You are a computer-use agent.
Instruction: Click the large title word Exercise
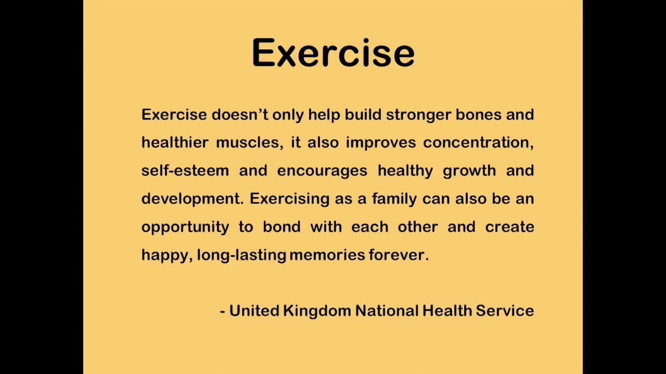tap(333, 52)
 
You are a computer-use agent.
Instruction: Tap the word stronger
tap(419, 115)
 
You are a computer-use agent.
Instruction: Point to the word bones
tap(478, 114)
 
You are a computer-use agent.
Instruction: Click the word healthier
tap(175, 142)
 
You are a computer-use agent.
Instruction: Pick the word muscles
tap(249, 143)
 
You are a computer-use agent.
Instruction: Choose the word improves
tap(380, 143)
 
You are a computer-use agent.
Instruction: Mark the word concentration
tap(478, 143)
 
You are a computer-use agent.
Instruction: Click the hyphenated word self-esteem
tap(185, 170)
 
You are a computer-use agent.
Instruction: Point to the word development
tap(193, 199)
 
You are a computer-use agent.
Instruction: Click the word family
tap(394, 199)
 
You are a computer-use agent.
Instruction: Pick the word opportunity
tap(185, 228)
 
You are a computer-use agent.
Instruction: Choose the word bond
tap(281, 226)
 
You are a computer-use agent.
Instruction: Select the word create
tap(509, 227)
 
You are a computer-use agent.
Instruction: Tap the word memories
tap(327, 255)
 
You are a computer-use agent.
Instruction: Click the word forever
tap(399, 255)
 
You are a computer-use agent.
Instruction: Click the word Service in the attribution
tap(505, 311)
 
